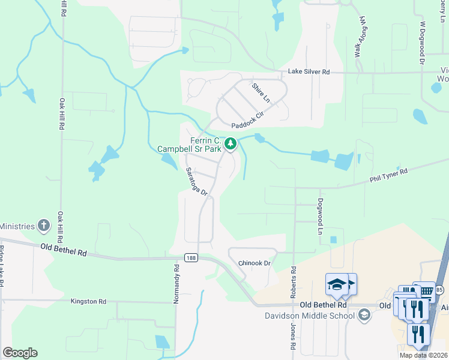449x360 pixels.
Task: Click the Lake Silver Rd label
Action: click(309, 72)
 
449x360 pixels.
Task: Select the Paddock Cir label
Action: click(248, 119)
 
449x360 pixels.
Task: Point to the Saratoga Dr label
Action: click(196, 182)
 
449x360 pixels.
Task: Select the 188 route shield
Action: click(191, 257)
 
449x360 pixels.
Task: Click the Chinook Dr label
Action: click(255, 263)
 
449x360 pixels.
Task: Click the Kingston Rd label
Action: click(88, 301)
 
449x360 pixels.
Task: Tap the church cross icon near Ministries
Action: click(44, 226)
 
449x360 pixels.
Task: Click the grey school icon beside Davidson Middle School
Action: click(364, 315)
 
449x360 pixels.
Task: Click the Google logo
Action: click(20, 353)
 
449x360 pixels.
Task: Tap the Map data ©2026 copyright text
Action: click(424, 355)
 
